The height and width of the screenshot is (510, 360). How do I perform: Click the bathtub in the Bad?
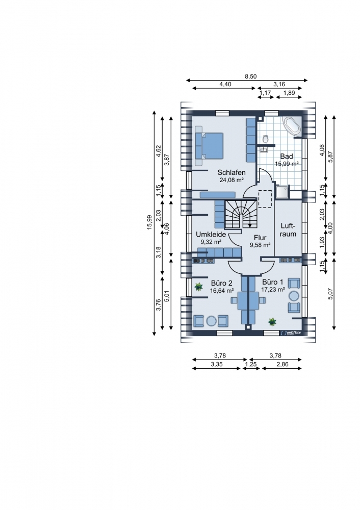click(293, 126)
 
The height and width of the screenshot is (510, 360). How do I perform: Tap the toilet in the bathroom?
click(265, 139)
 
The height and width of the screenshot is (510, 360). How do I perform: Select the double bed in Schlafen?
click(210, 146)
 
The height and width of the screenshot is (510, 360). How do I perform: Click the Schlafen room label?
click(231, 172)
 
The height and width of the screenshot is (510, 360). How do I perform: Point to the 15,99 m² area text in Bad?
click(287, 164)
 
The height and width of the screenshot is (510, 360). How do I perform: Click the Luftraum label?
click(288, 230)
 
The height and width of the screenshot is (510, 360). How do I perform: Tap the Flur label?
click(260, 238)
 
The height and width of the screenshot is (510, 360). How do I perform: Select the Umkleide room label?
click(211, 235)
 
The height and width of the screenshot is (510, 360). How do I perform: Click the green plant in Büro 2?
click(198, 287)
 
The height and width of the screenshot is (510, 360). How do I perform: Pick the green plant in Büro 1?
click(272, 322)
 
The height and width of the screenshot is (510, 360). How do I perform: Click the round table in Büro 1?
click(294, 296)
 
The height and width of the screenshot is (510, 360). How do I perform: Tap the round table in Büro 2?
click(212, 321)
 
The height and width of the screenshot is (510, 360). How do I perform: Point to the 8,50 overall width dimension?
click(251, 76)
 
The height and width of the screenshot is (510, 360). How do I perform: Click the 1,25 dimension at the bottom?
click(251, 365)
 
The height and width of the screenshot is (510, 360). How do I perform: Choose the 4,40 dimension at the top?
click(225, 84)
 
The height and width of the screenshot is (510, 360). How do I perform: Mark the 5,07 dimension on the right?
click(331, 294)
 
